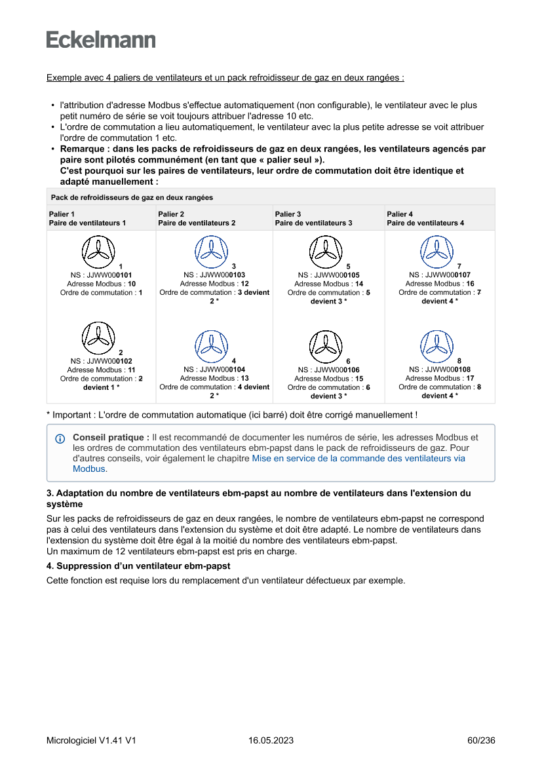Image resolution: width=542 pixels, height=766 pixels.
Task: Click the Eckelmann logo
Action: (101, 39)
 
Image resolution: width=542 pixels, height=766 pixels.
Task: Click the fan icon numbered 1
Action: (98, 251)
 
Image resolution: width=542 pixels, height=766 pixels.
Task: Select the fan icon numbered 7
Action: (436, 251)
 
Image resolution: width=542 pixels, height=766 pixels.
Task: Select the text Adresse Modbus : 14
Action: (328, 284)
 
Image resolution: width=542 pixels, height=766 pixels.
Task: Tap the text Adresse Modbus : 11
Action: (101, 370)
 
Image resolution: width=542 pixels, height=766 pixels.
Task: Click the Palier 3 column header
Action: (313, 218)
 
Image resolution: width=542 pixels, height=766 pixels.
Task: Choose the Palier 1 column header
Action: (87, 218)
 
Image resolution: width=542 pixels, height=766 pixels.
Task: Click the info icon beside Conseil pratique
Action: (60, 438)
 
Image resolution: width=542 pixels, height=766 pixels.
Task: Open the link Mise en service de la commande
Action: (358, 459)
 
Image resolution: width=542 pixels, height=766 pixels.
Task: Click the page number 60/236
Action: (481, 740)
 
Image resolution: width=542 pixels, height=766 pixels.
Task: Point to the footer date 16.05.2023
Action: (271, 740)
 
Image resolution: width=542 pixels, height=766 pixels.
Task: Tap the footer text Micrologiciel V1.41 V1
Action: (91, 740)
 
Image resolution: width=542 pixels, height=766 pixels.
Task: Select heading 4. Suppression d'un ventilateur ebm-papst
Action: (138, 565)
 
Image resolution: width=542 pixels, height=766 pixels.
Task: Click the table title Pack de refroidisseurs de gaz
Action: (132, 197)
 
